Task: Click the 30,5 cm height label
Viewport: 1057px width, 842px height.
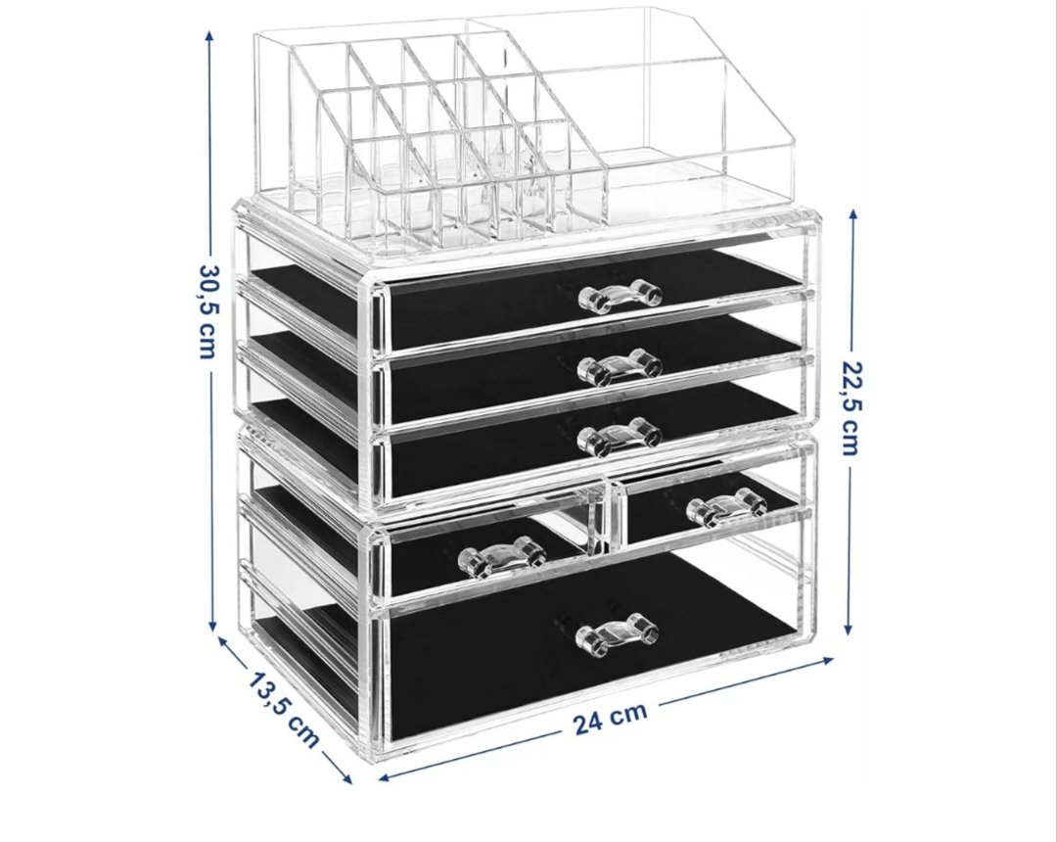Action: coord(208,310)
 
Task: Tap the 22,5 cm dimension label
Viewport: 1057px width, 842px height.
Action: coord(851,407)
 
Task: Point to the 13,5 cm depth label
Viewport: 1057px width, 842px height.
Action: coord(283,708)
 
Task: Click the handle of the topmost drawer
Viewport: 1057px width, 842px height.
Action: coord(620,296)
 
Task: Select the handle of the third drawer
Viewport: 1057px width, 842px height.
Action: coord(620,435)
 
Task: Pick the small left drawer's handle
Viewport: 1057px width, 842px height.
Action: coord(502,557)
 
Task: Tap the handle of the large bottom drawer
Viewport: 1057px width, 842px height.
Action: coord(617,633)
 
